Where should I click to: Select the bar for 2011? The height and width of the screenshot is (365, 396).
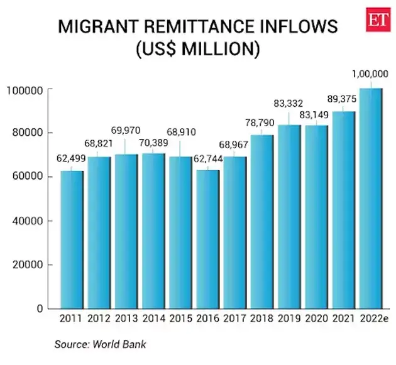71,239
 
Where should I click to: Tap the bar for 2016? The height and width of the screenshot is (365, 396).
208,239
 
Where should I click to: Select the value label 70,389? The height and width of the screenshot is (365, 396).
153,143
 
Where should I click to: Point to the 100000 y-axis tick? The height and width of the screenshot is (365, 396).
25,90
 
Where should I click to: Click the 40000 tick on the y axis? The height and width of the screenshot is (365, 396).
27,221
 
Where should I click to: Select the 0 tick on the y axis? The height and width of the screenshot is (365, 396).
39,309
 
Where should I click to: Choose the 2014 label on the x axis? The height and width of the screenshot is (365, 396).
153,319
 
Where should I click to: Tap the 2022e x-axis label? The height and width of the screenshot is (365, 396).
372,319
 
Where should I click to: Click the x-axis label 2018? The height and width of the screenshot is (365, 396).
263,319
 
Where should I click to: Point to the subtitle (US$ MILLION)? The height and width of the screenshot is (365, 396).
198,50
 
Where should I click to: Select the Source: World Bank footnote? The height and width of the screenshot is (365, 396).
100,345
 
